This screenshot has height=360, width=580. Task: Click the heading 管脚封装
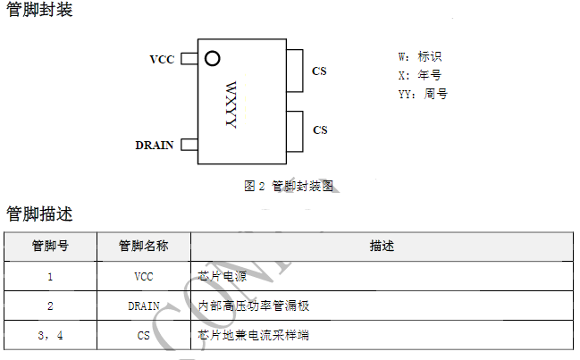pos(39,12)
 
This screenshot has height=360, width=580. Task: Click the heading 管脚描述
pos(39,214)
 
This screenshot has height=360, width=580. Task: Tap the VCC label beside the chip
pos(162,60)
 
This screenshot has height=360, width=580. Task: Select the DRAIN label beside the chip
pos(155,145)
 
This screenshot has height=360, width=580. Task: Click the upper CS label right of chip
pos(319,71)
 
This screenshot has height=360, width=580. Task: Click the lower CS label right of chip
pos(320,130)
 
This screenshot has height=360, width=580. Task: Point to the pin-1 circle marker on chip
pos(212,59)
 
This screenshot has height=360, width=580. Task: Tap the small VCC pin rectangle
pos(189,59)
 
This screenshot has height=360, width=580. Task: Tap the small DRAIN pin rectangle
pos(189,145)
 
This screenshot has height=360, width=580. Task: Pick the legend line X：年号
pos(419,75)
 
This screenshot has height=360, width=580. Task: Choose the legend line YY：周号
pos(423,93)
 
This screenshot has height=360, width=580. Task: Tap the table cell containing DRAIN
pos(143,306)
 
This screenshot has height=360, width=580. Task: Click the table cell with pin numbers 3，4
pos(50,335)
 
